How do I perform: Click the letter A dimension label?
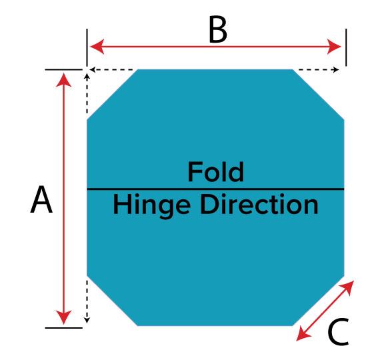(x=41, y=199)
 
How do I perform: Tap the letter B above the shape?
(x=218, y=29)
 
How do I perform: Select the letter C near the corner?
(x=338, y=332)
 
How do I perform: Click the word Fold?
(x=215, y=171)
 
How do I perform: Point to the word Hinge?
(x=152, y=206)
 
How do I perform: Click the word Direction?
(x=259, y=205)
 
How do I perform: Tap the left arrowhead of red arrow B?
(x=97, y=47)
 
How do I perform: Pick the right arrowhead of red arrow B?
(x=334, y=47)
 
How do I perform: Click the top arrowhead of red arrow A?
(x=64, y=79)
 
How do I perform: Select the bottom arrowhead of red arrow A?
(x=64, y=317)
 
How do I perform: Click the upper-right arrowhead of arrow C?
(x=347, y=287)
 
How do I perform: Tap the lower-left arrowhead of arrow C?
(x=303, y=334)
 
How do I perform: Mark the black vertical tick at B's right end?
(x=346, y=47)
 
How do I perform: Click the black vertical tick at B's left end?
(x=87, y=47)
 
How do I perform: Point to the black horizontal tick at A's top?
(x=64, y=69)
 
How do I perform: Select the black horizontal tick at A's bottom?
(x=64, y=328)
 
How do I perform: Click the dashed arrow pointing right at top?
(x=318, y=69)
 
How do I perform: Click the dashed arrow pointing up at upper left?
(x=87, y=93)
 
